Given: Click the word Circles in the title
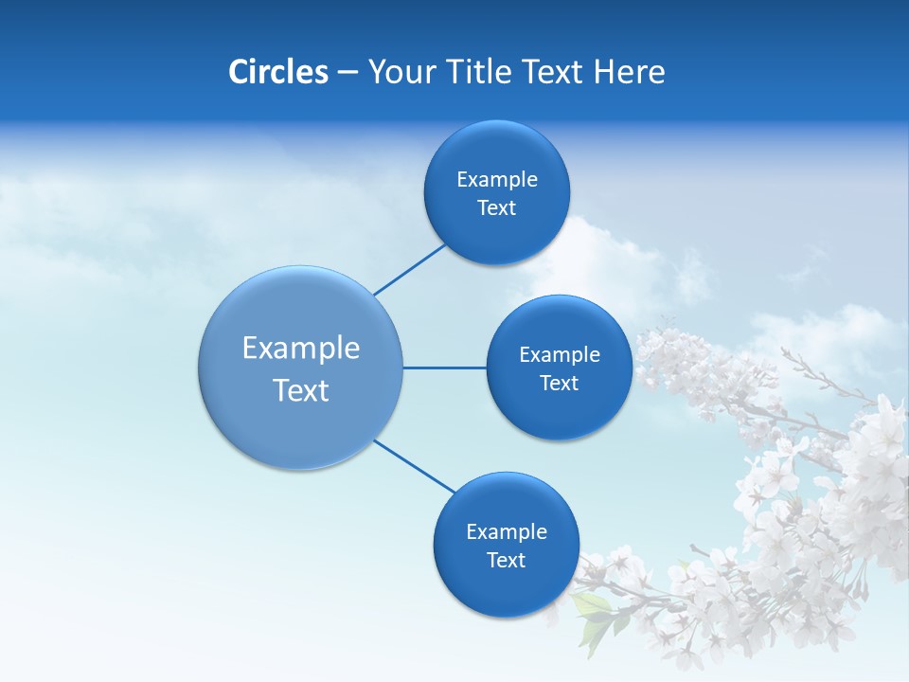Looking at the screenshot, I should click(277, 72).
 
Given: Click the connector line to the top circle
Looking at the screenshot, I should click(410, 269).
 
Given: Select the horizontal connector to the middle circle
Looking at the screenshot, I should click(444, 368).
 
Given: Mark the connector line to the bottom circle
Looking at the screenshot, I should click(415, 466).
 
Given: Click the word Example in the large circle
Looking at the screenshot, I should click(301, 349).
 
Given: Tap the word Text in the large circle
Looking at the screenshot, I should click(301, 390).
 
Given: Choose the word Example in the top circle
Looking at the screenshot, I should click(497, 180).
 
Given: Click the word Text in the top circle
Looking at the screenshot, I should click(497, 208).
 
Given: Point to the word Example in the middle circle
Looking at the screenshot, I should click(560, 355).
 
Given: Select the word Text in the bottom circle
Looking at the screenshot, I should click(507, 561).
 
